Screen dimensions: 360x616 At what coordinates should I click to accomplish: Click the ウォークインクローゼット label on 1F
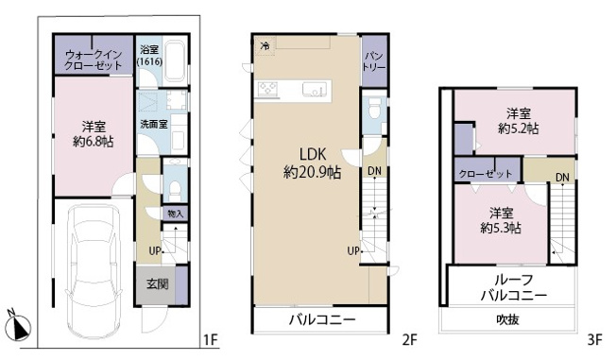tap(93, 61)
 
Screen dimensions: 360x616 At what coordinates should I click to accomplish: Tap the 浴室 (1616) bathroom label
tap(149, 55)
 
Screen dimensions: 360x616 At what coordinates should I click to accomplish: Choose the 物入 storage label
tap(175, 214)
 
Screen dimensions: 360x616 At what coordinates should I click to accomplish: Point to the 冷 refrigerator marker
tap(265, 45)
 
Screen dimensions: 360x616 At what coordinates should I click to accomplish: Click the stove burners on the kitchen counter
tap(267, 91)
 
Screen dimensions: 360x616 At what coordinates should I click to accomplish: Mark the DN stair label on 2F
tap(375, 170)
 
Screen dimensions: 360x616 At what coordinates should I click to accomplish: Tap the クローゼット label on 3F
tap(483, 174)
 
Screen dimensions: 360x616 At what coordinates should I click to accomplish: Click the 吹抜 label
tap(509, 321)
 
